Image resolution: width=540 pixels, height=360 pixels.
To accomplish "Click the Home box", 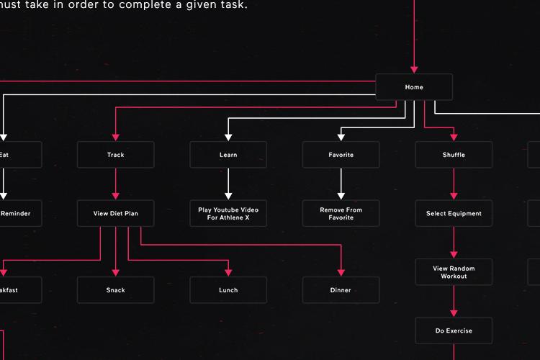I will click(x=414, y=87).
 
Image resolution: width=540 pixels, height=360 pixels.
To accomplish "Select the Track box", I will click(x=115, y=155).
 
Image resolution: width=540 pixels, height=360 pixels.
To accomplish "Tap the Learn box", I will click(x=228, y=155).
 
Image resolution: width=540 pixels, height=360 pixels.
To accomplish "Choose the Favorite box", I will click(x=341, y=155).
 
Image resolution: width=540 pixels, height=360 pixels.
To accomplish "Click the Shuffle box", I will click(x=454, y=155).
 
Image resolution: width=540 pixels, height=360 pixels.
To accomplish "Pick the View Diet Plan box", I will click(x=115, y=214).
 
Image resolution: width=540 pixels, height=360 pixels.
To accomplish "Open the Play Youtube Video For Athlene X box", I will click(x=228, y=214).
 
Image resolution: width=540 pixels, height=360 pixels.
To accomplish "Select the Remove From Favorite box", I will click(x=341, y=214).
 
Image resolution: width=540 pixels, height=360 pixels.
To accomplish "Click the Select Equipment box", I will click(x=454, y=214).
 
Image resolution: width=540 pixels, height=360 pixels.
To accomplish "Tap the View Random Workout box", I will click(x=454, y=272).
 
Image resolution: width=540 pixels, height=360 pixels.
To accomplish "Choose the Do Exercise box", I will click(x=454, y=331).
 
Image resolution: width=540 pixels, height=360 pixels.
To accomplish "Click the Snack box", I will click(x=115, y=290).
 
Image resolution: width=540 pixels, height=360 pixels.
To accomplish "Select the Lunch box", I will click(x=228, y=290).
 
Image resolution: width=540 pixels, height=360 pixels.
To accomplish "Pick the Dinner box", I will click(x=341, y=290).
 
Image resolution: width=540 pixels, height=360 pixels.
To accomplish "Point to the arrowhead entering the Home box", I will click(x=414, y=69).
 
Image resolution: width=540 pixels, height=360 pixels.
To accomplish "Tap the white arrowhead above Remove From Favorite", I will click(x=341, y=196).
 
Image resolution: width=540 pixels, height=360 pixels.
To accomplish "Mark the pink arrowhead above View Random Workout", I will click(x=454, y=254).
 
